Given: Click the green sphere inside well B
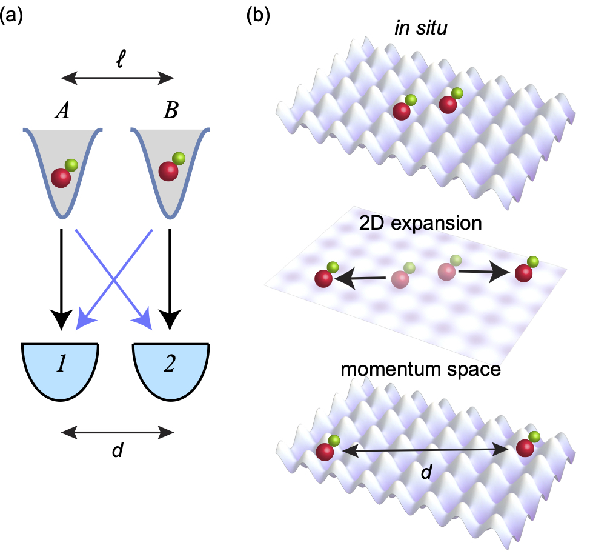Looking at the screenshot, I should coord(179,159).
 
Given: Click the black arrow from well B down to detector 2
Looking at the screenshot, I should coord(171,279).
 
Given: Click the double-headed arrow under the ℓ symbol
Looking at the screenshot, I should coord(118,78).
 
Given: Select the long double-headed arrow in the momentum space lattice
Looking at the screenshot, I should coord(423,450).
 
